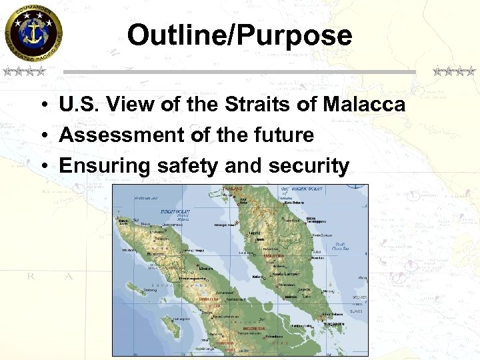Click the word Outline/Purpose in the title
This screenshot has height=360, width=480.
pyautogui.click(x=239, y=35)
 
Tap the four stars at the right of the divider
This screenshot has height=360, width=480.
pyautogui.click(x=454, y=71)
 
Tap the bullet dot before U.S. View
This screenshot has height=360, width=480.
pyautogui.click(x=42, y=105)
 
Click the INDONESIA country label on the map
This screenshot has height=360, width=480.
pyautogui.click(x=253, y=329)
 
